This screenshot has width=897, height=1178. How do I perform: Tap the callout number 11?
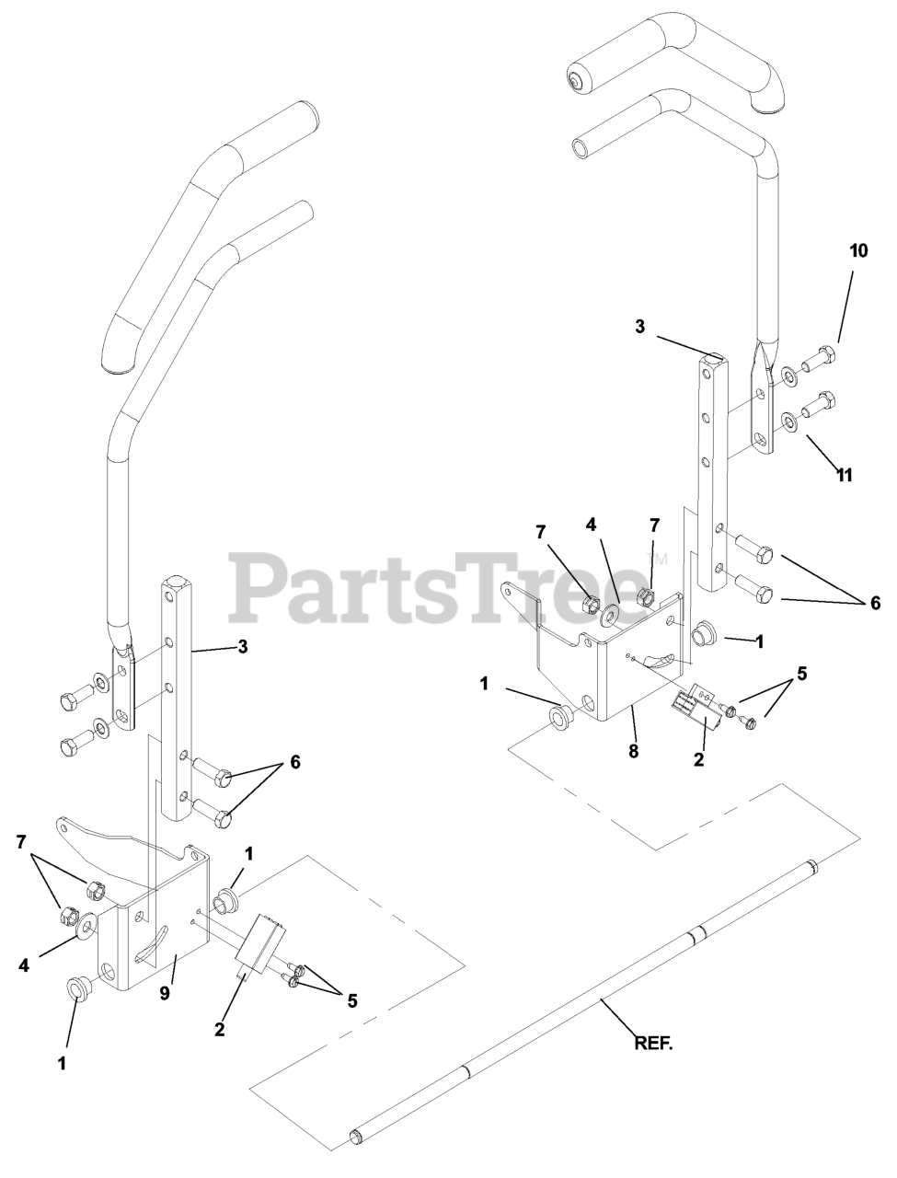[844, 475]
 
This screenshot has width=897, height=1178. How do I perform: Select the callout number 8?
[633, 751]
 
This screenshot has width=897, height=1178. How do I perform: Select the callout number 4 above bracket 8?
[591, 525]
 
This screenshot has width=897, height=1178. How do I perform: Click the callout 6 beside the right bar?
[875, 603]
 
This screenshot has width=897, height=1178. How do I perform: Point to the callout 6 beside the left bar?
[293, 762]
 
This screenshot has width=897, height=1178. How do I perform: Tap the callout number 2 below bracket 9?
[220, 1029]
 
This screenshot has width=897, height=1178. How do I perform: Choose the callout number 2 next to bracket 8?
[698, 760]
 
